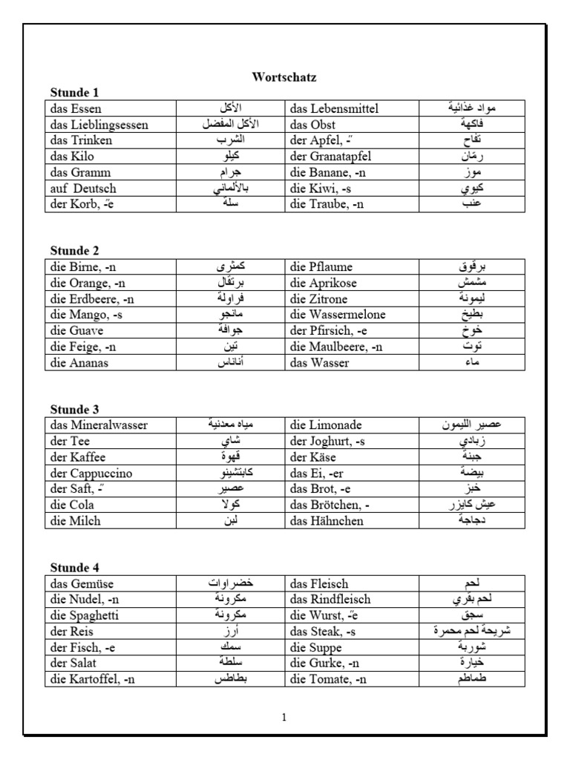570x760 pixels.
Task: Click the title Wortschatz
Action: pyautogui.click(x=284, y=76)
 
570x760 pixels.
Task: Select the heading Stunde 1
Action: pyautogui.click(x=74, y=93)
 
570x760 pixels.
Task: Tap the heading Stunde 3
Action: pyautogui.click(x=74, y=410)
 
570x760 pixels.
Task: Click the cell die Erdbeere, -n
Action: pyautogui.click(x=93, y=299)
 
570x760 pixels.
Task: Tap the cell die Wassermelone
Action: pyautogui.click(x=338, y=315)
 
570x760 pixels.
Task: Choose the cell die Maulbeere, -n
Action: pyautogui.click(x=337, y=347)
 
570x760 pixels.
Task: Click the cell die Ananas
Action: pyautogui.click(x=79, y=363)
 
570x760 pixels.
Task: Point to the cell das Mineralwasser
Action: pyautogui.click(x=99, y=425)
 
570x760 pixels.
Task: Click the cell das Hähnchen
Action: pyautogui.click(x=327, y=521)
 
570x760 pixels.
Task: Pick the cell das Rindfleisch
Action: pyautogui.click(x=330, y=600)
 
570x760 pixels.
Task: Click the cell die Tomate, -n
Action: pyautogui.click(x=327, y=679)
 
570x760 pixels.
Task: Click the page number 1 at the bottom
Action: pyautogui.click(x=284, y=718)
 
